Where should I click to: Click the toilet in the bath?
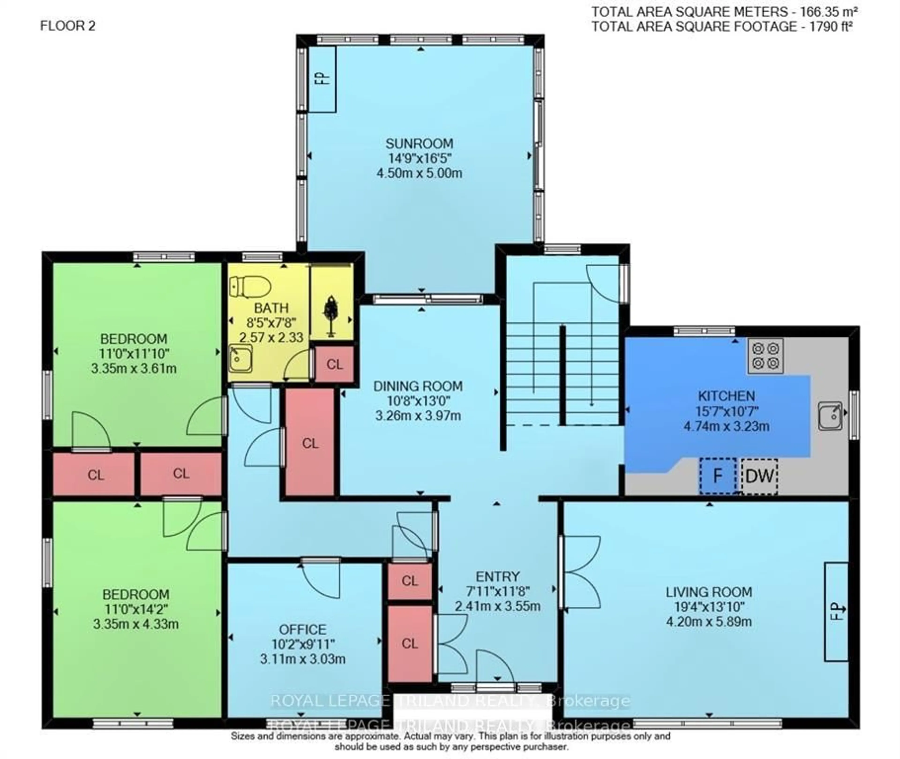tap(249, 287)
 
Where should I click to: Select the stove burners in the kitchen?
tap(765, 355)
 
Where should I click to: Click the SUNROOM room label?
tap(419, 143)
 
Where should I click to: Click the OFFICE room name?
tap(302, 630)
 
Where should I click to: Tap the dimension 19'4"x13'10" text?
tap(709, 607)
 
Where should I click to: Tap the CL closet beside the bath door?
tap(334, 364)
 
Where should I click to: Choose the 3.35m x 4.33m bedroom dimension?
tap(136, 624)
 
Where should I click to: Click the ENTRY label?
tap(498, 577)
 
